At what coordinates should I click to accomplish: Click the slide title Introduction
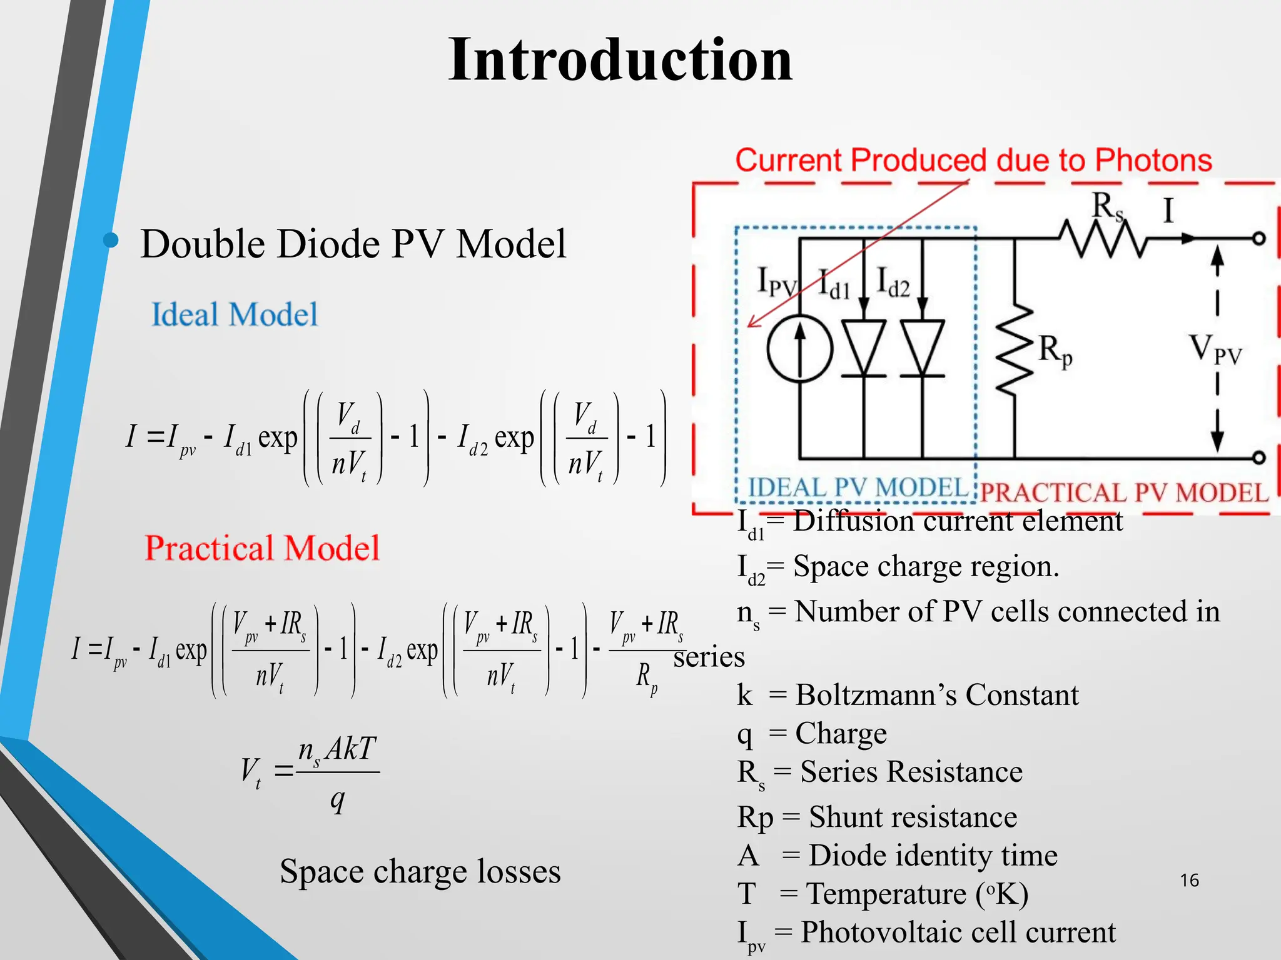620,60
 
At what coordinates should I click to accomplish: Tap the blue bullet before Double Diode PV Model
111,240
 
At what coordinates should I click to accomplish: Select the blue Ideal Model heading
235,314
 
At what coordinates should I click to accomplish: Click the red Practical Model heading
262,548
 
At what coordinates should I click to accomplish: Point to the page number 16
1189,881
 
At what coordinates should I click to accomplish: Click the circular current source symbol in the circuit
800,348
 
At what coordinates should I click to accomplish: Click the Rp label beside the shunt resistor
1055,351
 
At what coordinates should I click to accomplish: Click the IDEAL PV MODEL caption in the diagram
858,488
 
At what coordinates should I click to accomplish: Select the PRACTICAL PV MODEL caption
1123,493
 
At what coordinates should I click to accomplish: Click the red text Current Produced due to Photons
973,161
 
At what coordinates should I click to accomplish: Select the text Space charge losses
420,871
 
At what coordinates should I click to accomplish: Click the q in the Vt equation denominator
338,800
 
